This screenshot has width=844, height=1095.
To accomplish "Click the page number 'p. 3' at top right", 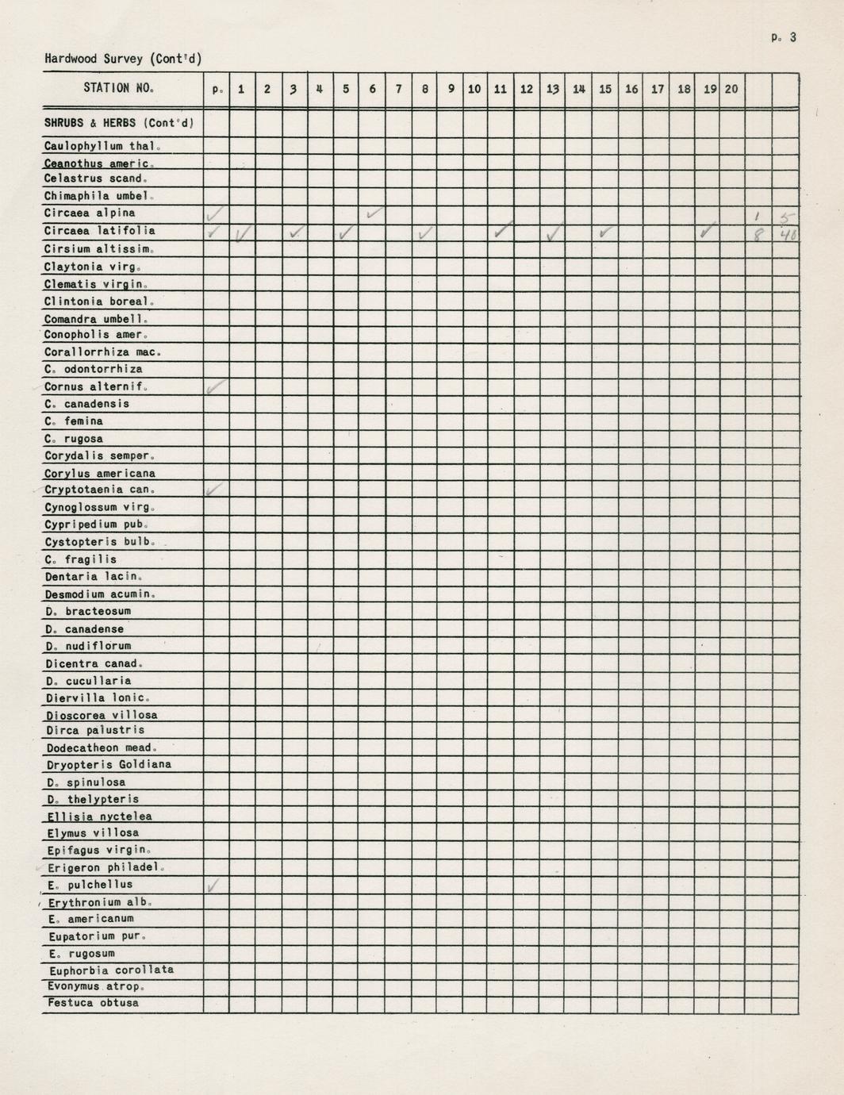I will coord(782,37).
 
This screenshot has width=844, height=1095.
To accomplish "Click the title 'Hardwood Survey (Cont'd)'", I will coord(123,59).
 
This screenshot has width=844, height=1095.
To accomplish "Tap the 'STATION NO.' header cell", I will coord(118,88).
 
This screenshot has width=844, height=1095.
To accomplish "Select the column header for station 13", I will coord(553,89).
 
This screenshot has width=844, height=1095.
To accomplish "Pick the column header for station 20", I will coord(731,89).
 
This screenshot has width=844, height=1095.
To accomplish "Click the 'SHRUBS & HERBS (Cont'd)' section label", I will coord(119,124).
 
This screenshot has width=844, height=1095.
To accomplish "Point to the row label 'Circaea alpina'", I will coord(90,213).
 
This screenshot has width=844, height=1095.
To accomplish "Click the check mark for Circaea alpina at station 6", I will coord(374,213).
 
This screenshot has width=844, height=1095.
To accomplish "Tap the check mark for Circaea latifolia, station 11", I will coord(501,231).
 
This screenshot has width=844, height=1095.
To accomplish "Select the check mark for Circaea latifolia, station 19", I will coord(707,232).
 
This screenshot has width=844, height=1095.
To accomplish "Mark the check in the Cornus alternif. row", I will coord(215,387).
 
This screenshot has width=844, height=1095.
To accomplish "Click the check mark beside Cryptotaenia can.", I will coord(214,490).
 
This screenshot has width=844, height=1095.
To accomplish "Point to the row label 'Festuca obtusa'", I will coord(93,1003).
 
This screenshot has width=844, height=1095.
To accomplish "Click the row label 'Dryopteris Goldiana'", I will coord(108,765).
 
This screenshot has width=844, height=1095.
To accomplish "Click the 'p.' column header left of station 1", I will coord(217,90).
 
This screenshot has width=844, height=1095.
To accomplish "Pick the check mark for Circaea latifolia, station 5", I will coord(347,233).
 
